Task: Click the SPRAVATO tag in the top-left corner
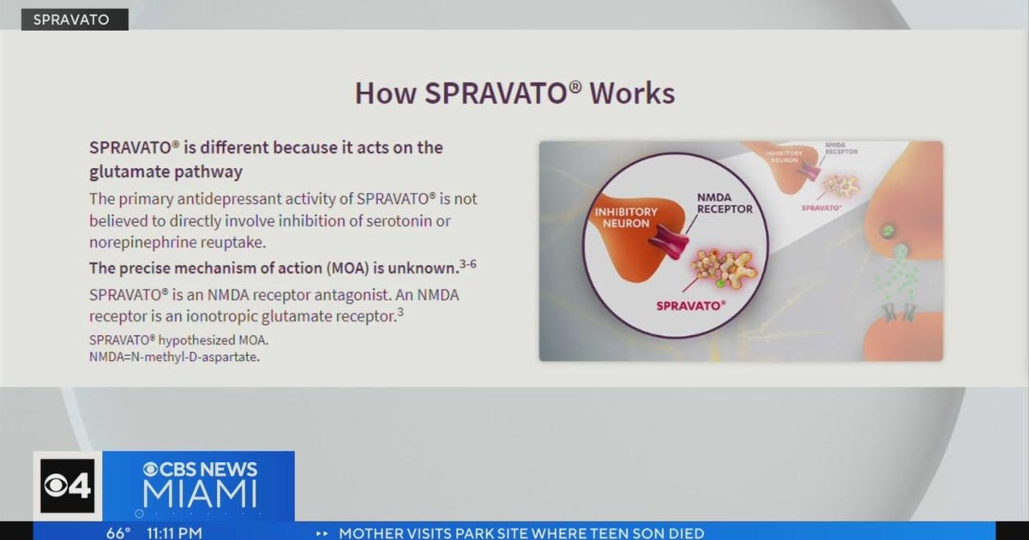75,19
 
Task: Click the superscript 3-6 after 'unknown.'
467,264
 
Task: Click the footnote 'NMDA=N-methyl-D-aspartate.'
174,356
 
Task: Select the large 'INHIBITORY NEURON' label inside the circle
626,218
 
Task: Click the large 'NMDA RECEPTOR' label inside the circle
725,202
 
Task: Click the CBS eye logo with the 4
67,486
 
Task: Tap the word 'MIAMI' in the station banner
200,494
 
